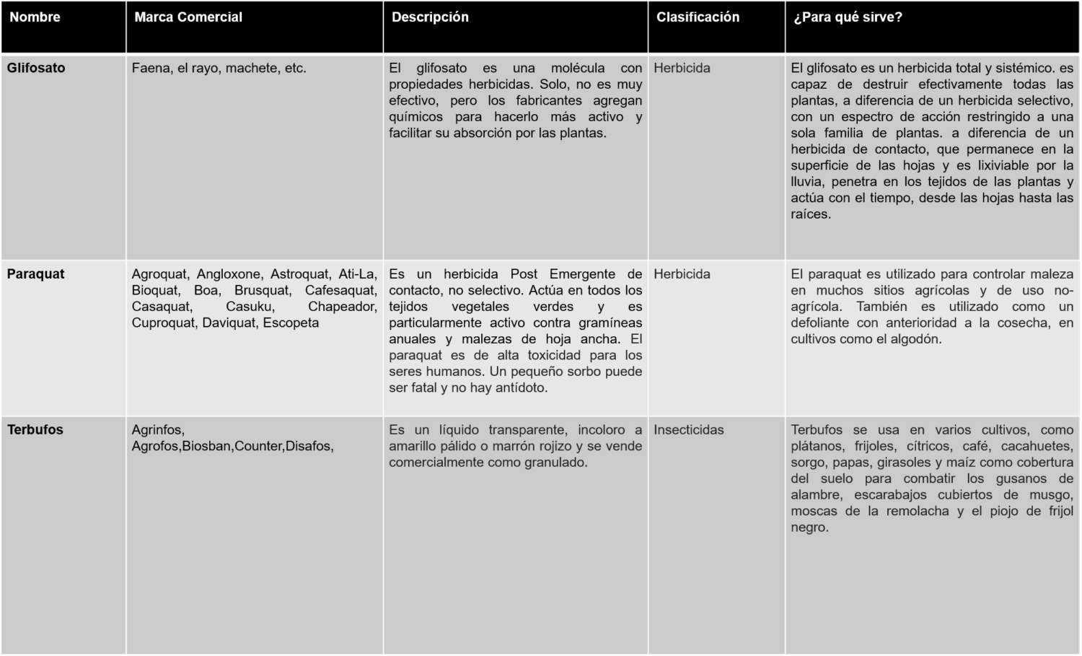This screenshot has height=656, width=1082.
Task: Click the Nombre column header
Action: pyautogui.click(x=35, y=17)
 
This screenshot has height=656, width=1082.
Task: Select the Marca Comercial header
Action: pyautogui.click(x=188, y=17)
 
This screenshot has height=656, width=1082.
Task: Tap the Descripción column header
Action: pyautogui.click(x=430, y=17)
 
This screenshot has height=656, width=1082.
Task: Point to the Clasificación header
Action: pyautogui.click(x=698, y=17)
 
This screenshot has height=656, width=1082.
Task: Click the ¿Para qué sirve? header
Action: pyautogui.click(x=848, y=17)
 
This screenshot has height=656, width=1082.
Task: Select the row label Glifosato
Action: pyautogui.click(x=36, y=68)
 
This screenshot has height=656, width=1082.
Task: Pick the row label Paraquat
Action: pyautogui.click(x=36, y=274)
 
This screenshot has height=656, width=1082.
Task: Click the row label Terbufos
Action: pyautogui.click(x=35, y=430)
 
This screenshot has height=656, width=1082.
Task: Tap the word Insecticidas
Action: pyautogui.click(x=688, y=430)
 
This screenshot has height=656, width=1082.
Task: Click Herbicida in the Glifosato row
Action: pyautogui.click(x=682, y=68)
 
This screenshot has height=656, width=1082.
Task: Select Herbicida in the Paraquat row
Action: pyautogui.click(x=682, y=274)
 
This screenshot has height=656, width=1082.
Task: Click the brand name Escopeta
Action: pyautogui.click(x=291, y=323)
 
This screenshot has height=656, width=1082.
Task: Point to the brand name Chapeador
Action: pyautogui.click(x=342, y=307)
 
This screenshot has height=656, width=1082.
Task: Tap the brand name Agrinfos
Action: pyautogui.click(x=158, y=430)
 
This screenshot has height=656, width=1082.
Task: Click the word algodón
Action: pyautogui.click(x=912, y=339)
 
